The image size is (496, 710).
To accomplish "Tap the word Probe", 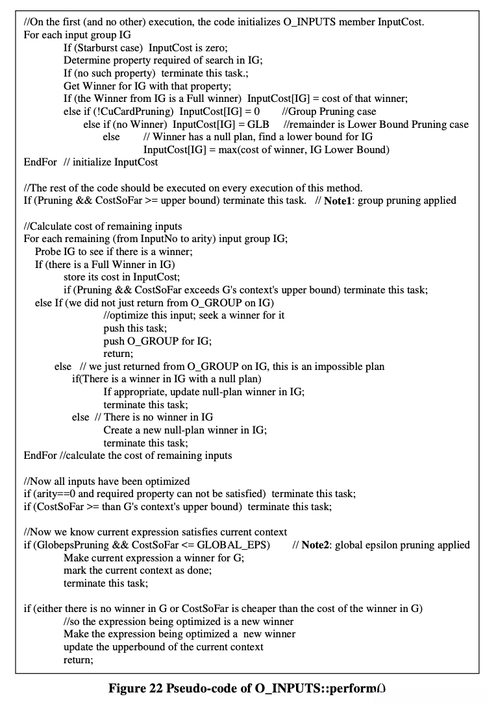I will click(x=49, y=252).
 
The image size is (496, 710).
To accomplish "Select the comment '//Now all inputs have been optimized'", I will click(x=106, y=481).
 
